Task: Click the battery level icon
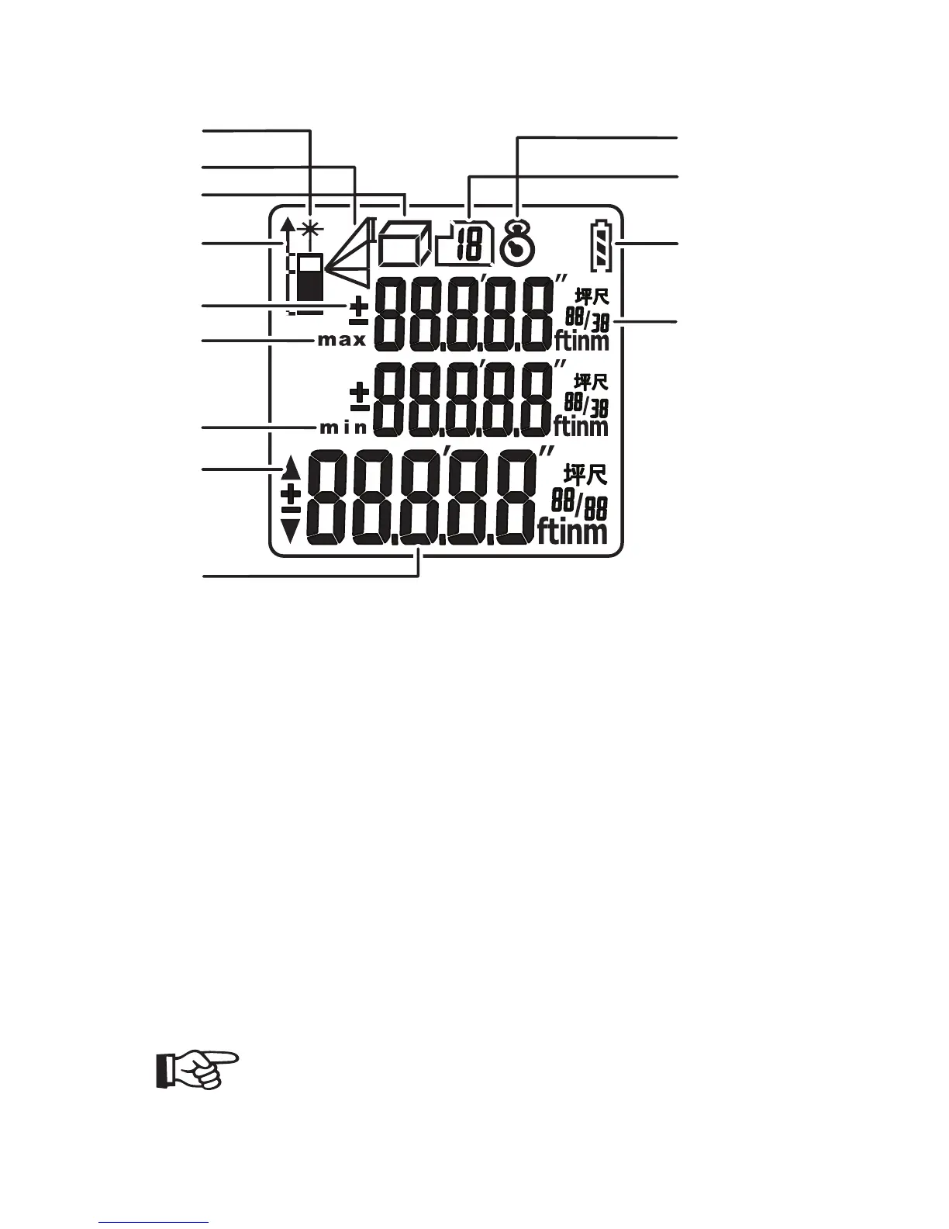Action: (602, 246)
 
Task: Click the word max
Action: (342, 341)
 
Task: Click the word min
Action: (342, 427)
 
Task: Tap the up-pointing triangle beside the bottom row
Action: (291, 467)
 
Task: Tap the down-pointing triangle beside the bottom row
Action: (291, 530)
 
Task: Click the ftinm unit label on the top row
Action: (581, 339)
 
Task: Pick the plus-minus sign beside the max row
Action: (358, 311)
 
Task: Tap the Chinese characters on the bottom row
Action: (585, 474)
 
